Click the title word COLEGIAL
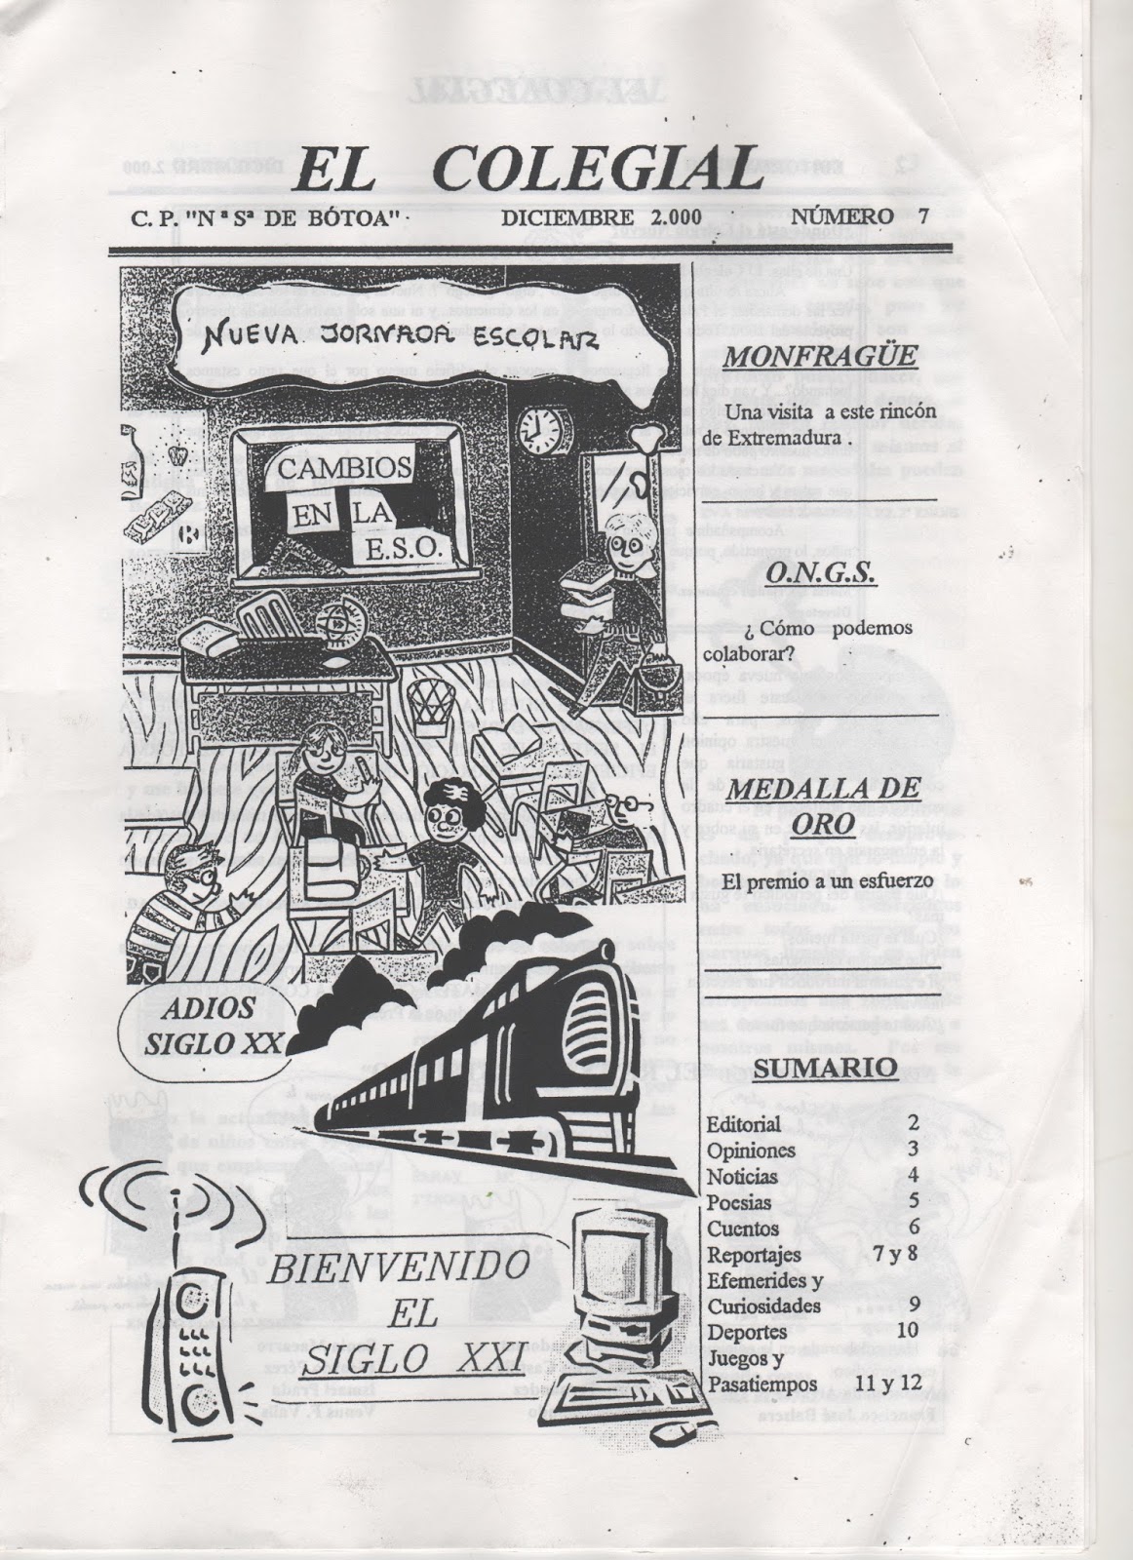595,173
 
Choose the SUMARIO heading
826,1068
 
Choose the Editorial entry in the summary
744,1124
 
